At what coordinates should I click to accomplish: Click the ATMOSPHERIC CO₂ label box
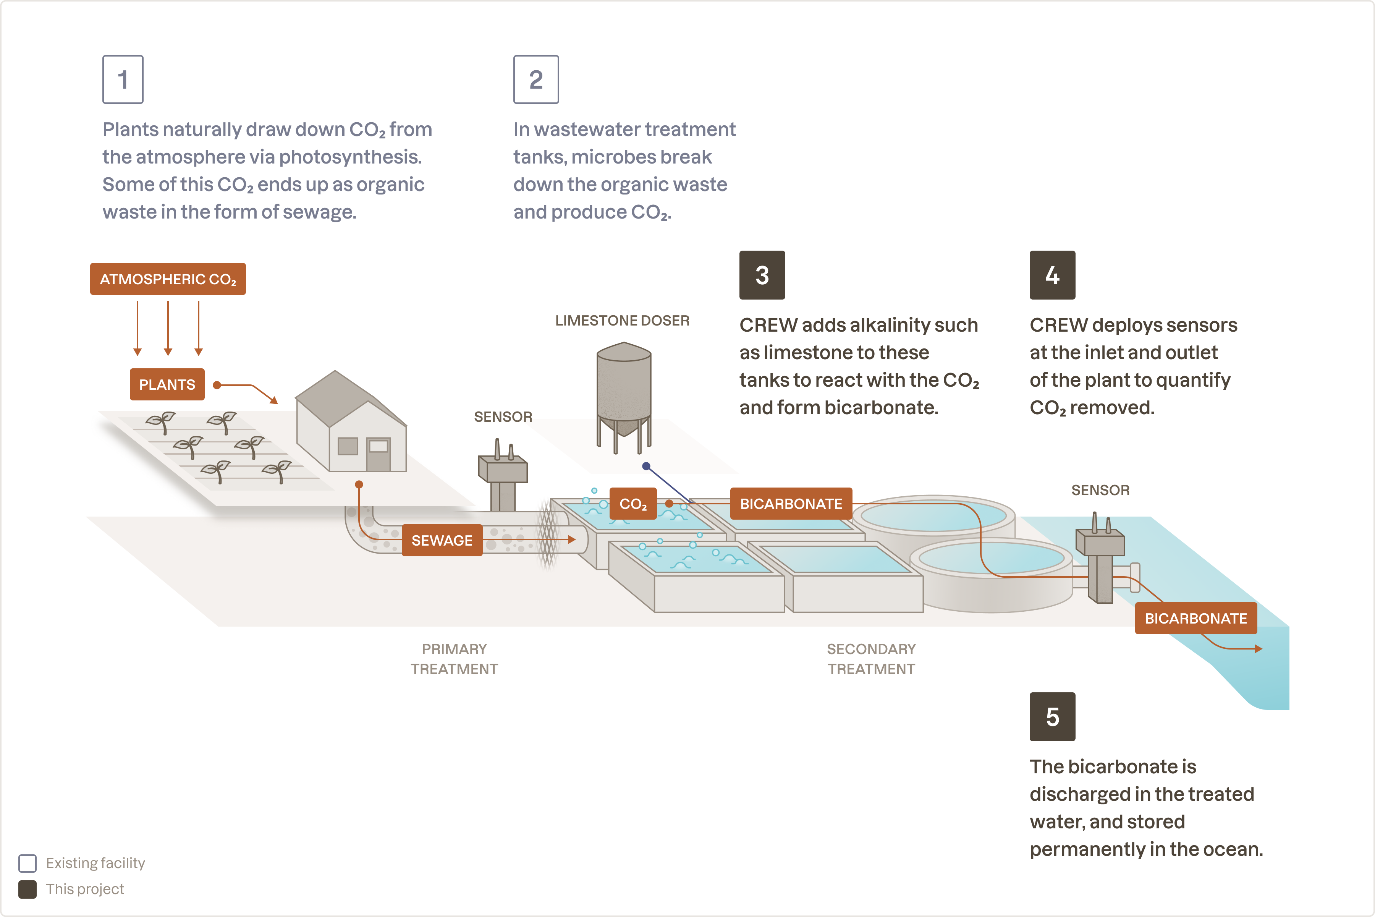pyautogui.click(x=168, y=279)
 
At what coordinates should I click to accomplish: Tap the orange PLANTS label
pyautogui.click(x=167, y=384)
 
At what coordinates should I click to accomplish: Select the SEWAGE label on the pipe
pyautogui.click(x=442, y=540)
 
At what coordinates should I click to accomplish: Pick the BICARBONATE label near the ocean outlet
pyautogui.click(x=1195, y=618)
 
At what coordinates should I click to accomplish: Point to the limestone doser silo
pyautogui.click(x=623, y=389)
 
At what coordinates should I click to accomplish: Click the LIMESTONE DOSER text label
pyautogui.click(x=622, y=321)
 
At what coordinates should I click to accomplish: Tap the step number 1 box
pyautogui.click(x=123, y=79)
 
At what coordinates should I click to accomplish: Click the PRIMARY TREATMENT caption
pyautogui.click(x=454, y=659)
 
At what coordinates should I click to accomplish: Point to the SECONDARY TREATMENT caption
pyautogui.click(x=871, y=659)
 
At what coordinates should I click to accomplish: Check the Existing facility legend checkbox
pyautogui.click(x=27, y=863)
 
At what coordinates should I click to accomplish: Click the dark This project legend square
pyautogui.click(x=27, y=889)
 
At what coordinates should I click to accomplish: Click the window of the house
pyautogui.click(x=348, y=446)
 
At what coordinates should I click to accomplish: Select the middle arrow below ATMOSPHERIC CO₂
pyautogui.click(x=168, y=327)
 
